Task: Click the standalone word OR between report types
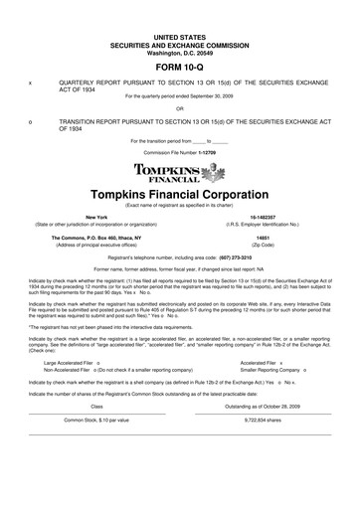179,107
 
